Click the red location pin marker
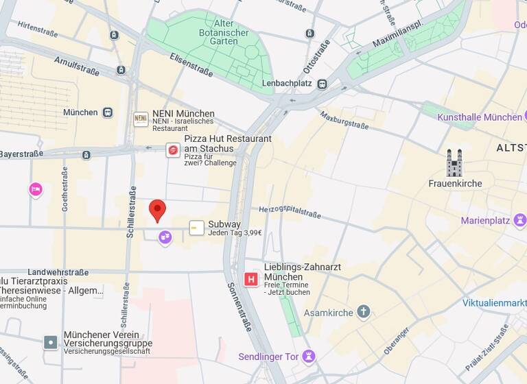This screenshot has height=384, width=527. [158, 210]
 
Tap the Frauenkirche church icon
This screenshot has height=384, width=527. [454, 163]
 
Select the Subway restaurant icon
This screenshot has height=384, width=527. [197, 228]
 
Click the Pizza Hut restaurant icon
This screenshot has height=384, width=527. [173, 149]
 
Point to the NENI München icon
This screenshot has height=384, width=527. [141, 119]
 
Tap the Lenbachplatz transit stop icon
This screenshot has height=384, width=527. [322, 84]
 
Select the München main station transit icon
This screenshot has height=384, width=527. [108, 112]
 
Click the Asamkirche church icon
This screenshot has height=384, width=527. [364, 313]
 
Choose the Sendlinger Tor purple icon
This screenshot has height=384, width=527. [309, 356]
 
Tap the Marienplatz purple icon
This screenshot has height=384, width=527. [520, 220]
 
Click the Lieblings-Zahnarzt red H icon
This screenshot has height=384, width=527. [251, 279]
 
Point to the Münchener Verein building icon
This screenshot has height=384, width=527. [51, 342]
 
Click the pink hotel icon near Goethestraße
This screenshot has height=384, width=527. [36, 189]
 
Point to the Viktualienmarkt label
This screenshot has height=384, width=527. [494, 302]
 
